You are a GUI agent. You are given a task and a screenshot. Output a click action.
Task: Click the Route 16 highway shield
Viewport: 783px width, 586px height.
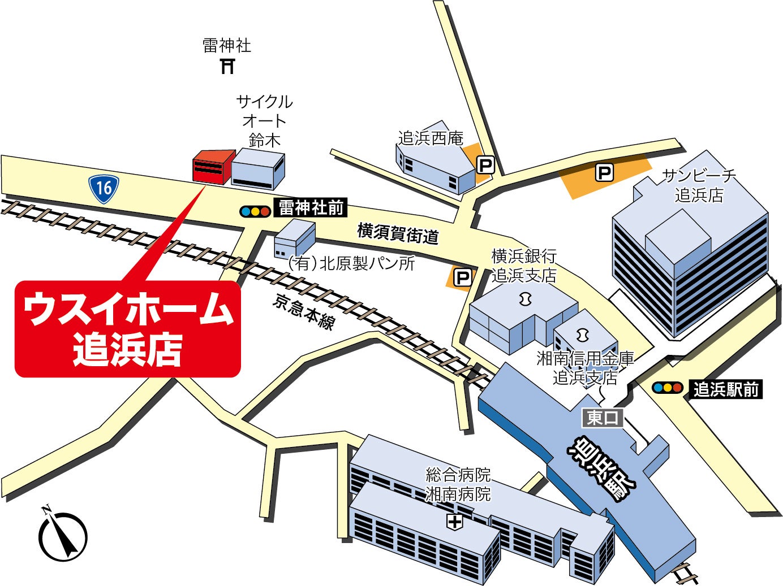click(x=104, y=187)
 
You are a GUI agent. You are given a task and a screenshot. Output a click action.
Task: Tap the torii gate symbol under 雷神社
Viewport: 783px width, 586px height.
click(x=227, y=66)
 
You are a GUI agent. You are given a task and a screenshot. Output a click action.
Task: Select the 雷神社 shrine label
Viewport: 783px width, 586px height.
click(x=227, y=45)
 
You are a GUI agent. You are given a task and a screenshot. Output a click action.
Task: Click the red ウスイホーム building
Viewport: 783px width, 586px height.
click(x=213, y=167)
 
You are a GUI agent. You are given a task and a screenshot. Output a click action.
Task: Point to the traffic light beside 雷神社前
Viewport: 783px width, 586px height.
click(x=255, y=211)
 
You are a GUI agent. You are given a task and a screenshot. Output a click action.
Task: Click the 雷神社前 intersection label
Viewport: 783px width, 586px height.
click(x=311, y=208)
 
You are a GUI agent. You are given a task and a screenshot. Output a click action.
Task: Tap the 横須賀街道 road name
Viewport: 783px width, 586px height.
click(x=398, y=233)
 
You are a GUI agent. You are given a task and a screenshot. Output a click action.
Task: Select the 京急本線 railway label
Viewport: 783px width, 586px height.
click(x=304, y=312)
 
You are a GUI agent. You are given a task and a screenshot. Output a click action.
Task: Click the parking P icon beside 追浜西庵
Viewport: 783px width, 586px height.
click(x=485, y=165)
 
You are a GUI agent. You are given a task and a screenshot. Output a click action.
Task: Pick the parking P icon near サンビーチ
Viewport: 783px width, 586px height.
click(x=605, y=172)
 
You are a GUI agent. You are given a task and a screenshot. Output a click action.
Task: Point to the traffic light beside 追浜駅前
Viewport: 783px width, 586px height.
click(x=667, y=388)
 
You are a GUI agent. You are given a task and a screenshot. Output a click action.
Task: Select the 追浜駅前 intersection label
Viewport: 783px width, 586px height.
click(x=726, y=389)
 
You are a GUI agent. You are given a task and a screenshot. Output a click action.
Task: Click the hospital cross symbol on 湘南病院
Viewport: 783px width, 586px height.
click(x=454, y=522)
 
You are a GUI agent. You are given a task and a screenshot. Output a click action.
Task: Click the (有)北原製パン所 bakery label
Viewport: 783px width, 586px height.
click(x=351, y=263)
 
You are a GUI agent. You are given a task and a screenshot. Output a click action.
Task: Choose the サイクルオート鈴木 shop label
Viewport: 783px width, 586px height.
click(x=264, y=120)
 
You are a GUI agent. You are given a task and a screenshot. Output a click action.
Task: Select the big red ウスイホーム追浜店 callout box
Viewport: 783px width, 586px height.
click(x=128, y=328)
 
